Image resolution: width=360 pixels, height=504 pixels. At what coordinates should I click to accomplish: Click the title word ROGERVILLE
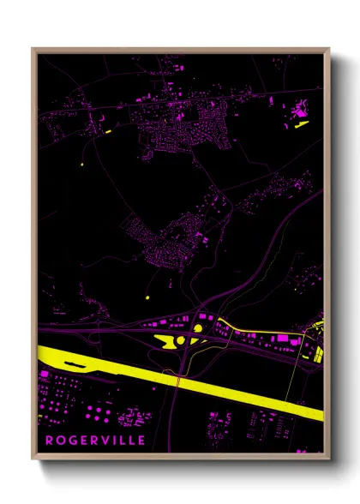pos(95,441)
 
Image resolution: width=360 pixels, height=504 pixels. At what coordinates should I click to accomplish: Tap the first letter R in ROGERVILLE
pos(49,441)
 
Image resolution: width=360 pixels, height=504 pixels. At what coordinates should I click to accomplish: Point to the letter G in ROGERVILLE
pos(72,441)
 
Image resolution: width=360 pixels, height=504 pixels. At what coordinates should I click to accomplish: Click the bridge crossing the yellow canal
pos(177,377)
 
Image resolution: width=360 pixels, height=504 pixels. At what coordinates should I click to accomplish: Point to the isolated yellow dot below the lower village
pos(147,297)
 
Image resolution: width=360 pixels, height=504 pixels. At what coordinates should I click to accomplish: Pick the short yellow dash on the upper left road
pos(108,132)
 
